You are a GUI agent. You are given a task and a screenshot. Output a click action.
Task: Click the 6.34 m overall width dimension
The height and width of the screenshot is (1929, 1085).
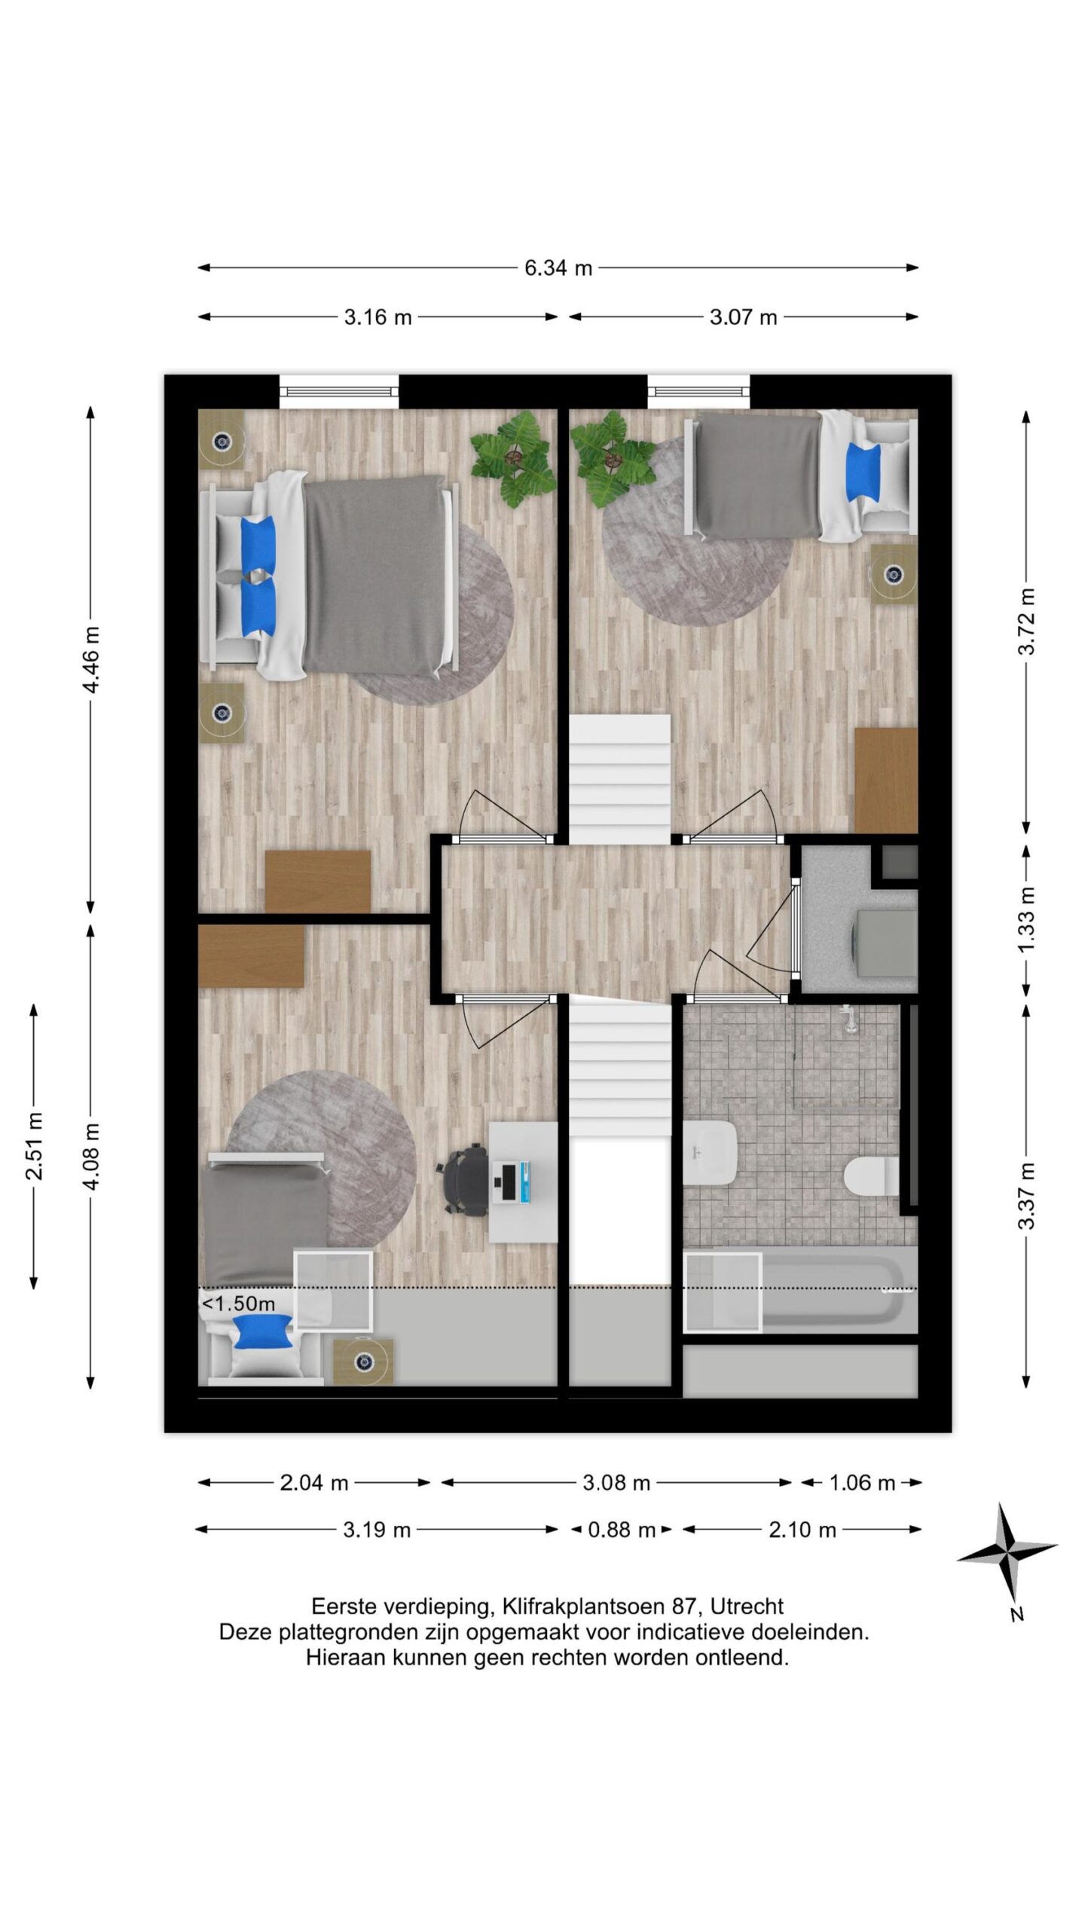(558, 267)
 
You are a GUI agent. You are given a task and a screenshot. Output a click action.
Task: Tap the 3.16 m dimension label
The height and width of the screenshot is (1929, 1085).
(377, 317)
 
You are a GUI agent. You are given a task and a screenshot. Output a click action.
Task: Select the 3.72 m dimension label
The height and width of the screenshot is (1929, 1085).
(1026, 621)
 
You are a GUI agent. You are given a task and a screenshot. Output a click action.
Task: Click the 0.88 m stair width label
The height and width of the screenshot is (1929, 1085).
(621, 1530)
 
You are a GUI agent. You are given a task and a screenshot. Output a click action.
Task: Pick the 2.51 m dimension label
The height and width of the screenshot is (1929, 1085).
(34, 1145)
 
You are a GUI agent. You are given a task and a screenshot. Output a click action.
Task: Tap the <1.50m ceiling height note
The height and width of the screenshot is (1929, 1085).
(238, 1303)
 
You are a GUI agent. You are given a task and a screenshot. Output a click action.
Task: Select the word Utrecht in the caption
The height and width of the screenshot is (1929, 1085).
(747, 1606)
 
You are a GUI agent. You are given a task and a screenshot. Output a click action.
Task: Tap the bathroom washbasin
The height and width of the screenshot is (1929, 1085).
(709, 1151)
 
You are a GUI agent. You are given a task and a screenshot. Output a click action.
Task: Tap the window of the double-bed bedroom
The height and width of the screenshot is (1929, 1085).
(339, 391)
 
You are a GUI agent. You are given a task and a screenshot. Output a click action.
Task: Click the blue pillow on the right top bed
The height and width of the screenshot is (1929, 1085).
(863, 471)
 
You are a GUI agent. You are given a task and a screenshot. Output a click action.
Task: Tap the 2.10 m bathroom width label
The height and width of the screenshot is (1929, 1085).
(802, 1530)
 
